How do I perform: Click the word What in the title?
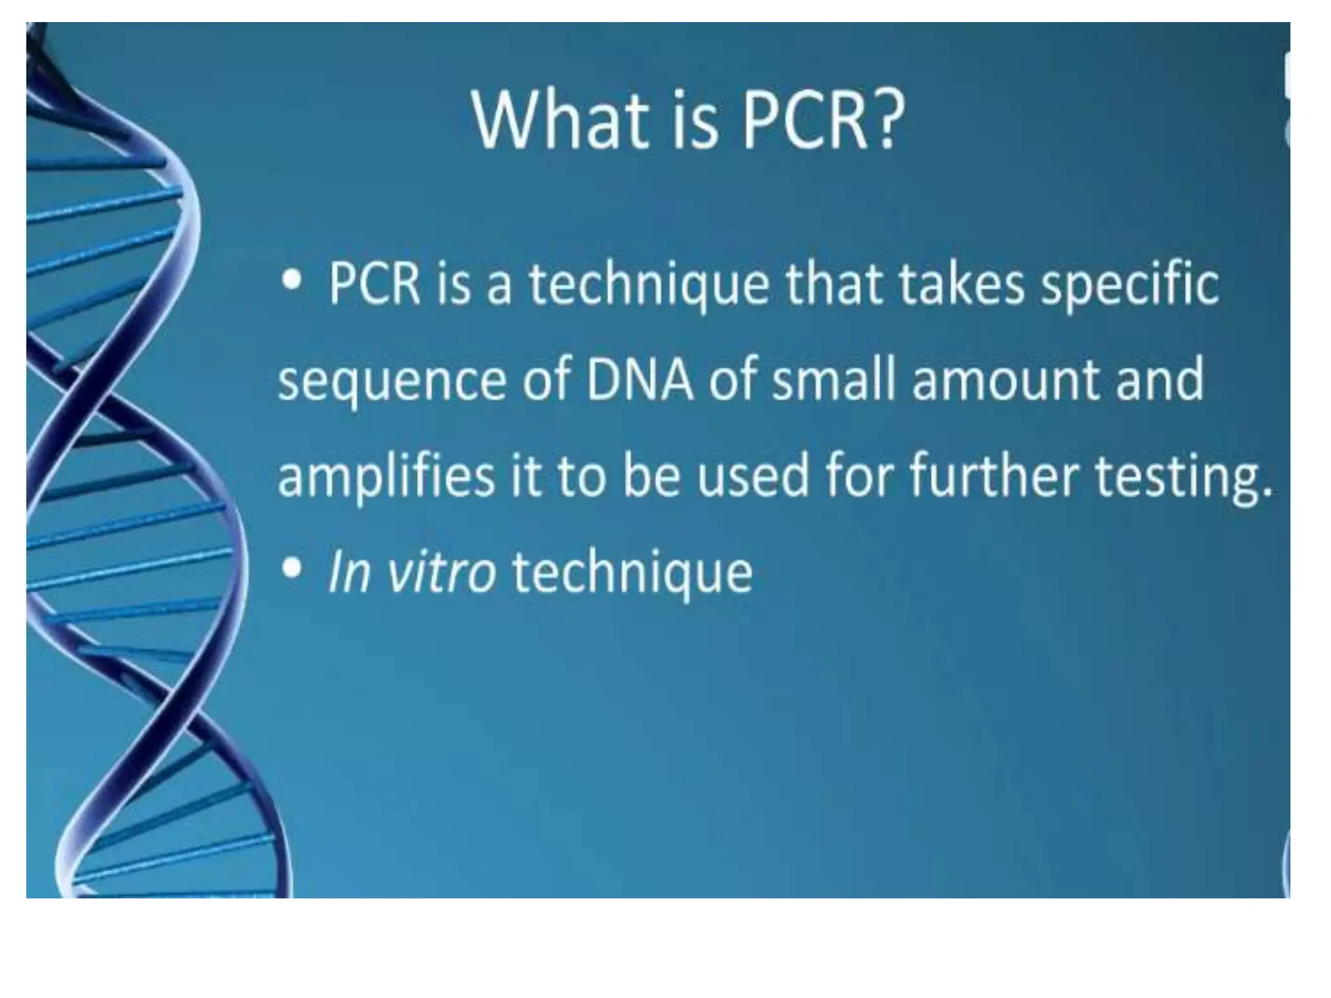(560, 120)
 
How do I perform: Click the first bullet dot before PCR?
(292, 281)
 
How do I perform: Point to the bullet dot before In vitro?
(292, 569)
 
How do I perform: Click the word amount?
(1005, 380)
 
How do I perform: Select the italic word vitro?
(441, 572)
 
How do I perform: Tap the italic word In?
(348, 572)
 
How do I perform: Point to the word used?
(753, 476)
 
